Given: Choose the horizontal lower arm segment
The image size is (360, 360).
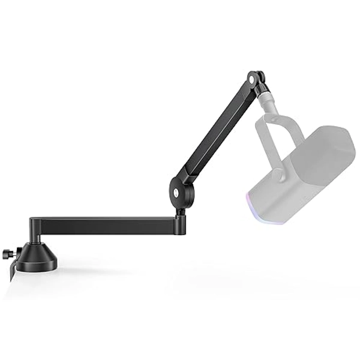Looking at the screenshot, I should point(108,226).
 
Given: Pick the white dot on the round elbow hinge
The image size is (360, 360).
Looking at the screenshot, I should point(175,191).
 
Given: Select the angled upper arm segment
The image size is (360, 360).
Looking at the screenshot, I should point(216,136).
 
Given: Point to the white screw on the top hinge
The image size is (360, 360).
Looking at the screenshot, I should point(250,79).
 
